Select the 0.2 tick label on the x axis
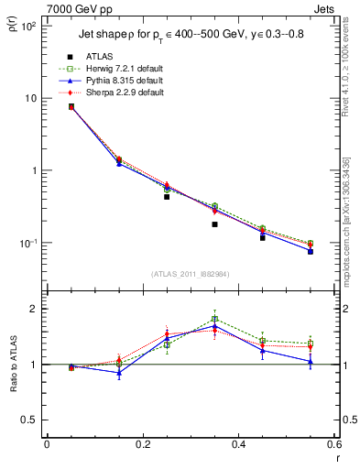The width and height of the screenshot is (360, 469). (x=142, y=445)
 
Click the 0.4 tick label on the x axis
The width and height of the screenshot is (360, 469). (x=238, y=445)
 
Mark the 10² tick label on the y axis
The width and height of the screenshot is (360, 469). (x=29, y=26)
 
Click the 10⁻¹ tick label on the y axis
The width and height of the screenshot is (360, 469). (x=29, y=243)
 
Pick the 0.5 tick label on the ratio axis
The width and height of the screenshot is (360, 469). (x=31, y=420)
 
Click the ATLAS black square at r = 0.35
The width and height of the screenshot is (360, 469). (x=214, y=224)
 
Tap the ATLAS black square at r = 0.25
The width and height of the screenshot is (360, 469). (x=167, y=196)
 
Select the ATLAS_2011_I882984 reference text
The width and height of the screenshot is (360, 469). (x=189, y=273)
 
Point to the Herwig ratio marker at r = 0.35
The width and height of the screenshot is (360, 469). (x=214, y=319)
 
